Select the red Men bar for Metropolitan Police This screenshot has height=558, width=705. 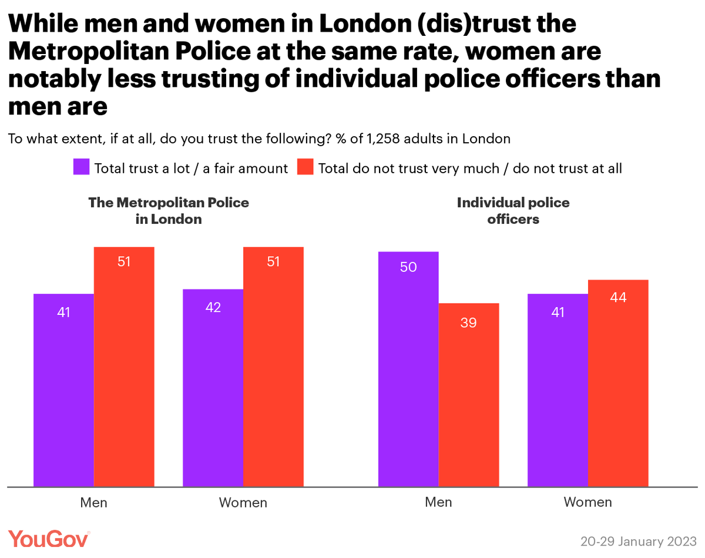(124, 367)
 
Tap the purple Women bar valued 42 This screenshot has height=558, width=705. (213, 388)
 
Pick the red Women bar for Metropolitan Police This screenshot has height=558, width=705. (273, 367)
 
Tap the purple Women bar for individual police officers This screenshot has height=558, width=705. (558, 390)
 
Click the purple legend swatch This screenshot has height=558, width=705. (80, 167)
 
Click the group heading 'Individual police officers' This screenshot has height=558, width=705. (513, 211)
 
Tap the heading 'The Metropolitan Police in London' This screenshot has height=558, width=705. (169, 211)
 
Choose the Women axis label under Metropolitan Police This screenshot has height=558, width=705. (243, 503)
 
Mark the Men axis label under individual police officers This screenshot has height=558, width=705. (438, 502)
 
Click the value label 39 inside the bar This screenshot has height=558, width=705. (468, 322)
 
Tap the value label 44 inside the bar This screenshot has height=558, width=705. (618, 298)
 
